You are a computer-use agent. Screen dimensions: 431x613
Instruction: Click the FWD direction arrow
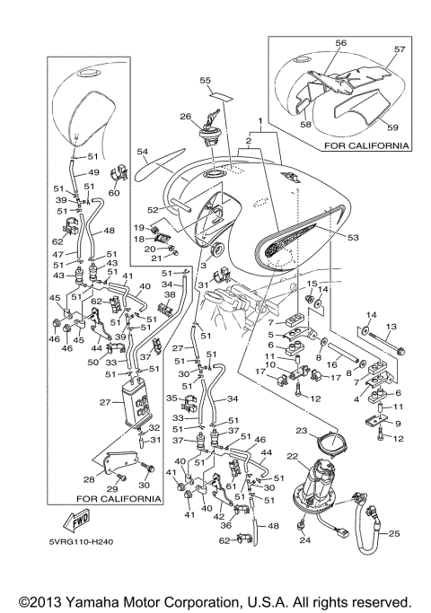[x=77, y=521]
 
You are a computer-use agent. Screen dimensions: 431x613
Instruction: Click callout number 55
[x=205, y=80]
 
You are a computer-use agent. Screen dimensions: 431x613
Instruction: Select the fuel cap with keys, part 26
[x=210, y=130]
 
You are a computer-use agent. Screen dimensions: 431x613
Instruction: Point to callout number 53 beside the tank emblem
[x=353, y=237]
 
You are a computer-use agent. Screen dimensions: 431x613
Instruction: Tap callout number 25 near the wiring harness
[x=394, y=533]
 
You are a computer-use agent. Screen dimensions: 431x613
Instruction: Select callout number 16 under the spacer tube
[x=331, y=364]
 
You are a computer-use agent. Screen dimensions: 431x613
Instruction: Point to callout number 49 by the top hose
[x=94, y=172]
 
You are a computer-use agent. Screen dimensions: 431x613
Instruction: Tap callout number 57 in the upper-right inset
[x=400, y=48]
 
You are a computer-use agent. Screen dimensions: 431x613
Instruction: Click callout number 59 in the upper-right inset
[x=392, y=127]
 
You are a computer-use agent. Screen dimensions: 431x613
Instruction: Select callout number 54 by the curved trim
[x=144, y=151]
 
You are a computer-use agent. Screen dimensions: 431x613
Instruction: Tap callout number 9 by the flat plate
[x=398, y=424]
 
